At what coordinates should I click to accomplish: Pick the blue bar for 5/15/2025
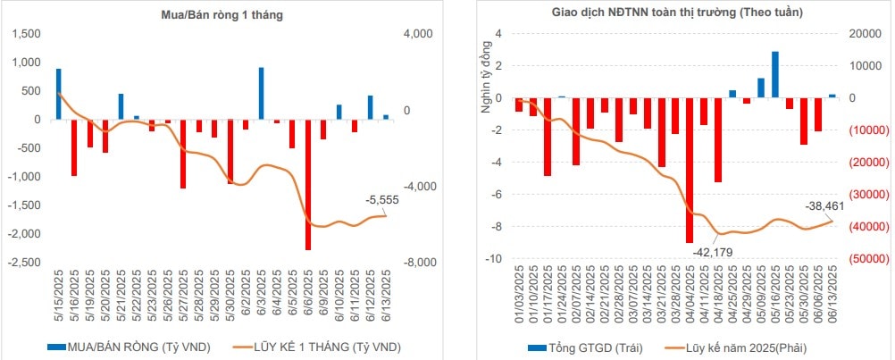59,94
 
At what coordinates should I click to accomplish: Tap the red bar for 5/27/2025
183,153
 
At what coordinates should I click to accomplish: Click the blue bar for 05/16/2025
774,74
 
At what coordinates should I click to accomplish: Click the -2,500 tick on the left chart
26,263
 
